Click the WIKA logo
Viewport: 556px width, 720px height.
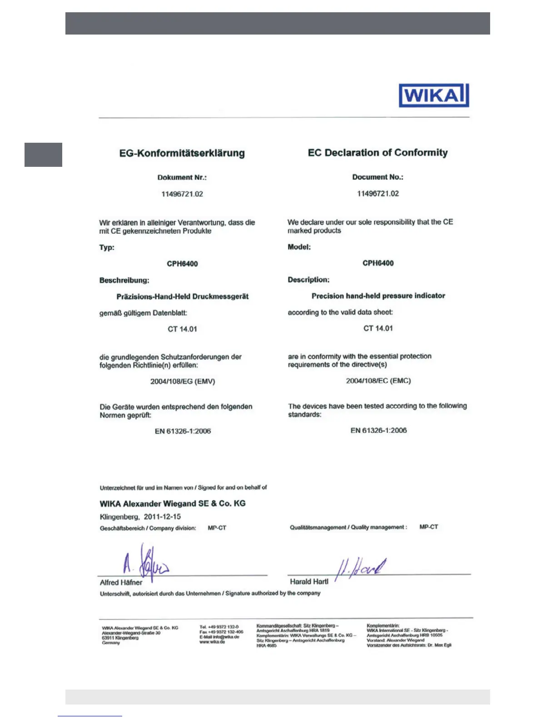point(433,95)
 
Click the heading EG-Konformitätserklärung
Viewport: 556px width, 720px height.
point(182,153)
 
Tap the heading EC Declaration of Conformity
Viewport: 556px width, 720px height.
point(377,153)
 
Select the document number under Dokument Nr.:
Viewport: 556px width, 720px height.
point(182,194)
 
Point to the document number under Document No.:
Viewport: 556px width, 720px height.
point(378,194)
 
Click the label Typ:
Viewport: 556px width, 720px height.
point(107,248)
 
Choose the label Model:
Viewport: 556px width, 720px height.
point(299,247)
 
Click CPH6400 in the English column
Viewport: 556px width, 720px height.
point(378,263)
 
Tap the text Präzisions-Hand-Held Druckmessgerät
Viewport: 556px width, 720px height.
point(183,297)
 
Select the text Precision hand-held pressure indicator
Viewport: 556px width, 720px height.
point(378,296)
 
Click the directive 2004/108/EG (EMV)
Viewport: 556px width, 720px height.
point(183,381)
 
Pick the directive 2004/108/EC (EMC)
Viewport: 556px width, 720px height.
point(378,381)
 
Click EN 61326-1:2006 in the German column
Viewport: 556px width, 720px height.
point(183,431)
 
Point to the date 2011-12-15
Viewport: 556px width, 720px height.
point(162,517)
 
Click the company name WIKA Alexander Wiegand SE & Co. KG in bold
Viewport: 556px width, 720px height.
point(173,504)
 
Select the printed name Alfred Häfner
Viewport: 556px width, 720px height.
point(121,583)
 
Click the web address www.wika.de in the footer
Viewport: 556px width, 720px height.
point(212,642)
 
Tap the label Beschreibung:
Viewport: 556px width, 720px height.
point(124,280)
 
